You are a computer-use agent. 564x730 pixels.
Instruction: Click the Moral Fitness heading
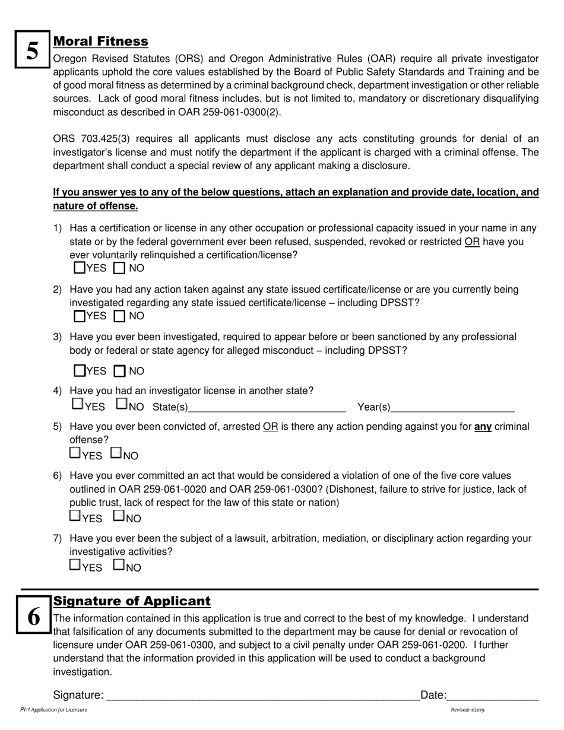[x=100, y=42]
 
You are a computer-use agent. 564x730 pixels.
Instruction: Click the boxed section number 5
[x=33, y=51]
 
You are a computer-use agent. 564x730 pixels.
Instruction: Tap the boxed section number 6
[x=34, y=617]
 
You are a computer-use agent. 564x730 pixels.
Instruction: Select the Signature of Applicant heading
[x=132, y=601]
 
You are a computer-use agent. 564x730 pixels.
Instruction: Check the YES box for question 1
[x=80, y=268]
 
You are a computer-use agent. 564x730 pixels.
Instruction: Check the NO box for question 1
[x=119, y=268]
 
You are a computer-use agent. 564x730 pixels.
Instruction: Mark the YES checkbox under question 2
[x=80, y=316]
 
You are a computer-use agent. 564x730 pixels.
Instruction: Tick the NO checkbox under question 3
[x=119, y=372]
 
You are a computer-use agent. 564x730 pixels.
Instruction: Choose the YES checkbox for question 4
[x=77, y=404]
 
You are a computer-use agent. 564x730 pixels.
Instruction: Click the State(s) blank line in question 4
[x=267, y=407]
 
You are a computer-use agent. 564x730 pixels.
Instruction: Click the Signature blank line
[x=262, y=696]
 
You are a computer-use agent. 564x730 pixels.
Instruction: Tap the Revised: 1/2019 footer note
[x=467, y=710]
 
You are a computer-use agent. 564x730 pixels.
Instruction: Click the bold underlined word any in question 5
[x=483, y=427]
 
